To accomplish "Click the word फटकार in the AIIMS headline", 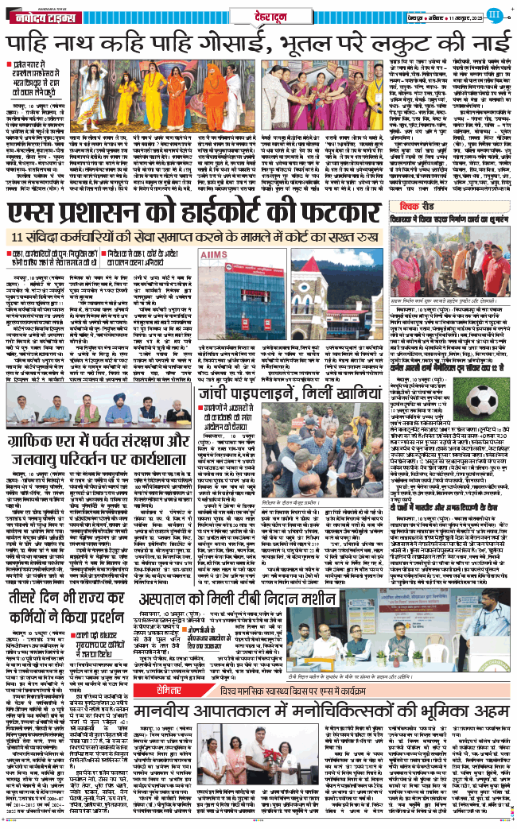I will (341, 215).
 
